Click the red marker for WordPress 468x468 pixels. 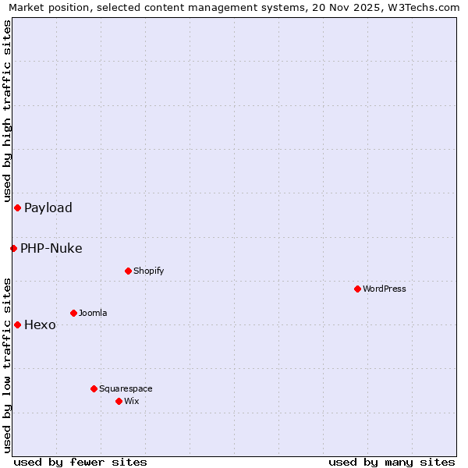[357, 289]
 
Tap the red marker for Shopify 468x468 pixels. [128, 271]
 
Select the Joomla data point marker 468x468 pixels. [73, 313]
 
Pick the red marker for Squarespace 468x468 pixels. [94, 388]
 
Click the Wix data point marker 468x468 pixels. [119, 401]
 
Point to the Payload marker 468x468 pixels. [17, 207]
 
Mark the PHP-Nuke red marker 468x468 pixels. [13, 248]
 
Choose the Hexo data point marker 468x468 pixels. [17, 324]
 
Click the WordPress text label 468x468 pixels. [385, 289]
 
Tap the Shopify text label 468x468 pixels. [148, 271]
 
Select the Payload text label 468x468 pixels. [48, 207]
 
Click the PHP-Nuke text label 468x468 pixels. [51, 248]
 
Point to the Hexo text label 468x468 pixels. [40, 324]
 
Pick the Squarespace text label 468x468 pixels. [126, 388]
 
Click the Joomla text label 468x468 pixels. [93, 313]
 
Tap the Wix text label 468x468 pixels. [132, 401]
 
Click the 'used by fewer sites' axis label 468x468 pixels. [80, 462]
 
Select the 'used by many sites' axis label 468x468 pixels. [392, 462]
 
